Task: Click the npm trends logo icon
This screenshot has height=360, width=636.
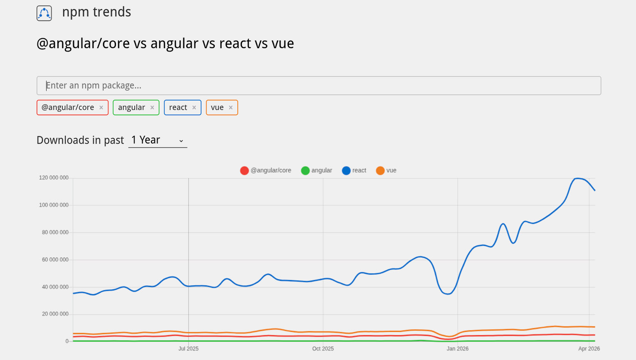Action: click(x=44, y=13)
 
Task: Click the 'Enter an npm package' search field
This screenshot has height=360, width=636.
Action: click(x=318, y=86)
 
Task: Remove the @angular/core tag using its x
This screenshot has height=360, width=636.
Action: click(x=101, y=108)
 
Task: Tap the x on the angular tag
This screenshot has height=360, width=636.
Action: click(x=152, y=108)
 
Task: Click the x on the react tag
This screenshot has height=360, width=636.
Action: click(x=194, y=108)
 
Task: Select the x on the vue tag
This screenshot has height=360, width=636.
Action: click(x=231, y=108)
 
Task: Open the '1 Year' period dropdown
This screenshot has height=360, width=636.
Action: click(x=158, y=140)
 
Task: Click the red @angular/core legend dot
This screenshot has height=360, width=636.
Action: click(x=244, y=170)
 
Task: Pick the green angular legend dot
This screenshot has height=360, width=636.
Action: click(x=306, y=170)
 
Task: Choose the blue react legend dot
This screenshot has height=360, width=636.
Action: click(x=346, y=170)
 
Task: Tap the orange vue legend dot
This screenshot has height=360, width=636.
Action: click(x=380, y=170)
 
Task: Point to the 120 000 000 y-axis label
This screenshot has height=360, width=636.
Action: click(x=54, y=178)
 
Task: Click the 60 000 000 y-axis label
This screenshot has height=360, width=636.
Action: click(x=54, y=260)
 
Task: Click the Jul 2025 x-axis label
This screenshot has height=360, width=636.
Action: click(x=188, y=349)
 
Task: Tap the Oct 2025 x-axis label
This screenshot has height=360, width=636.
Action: click(x=323, y=349)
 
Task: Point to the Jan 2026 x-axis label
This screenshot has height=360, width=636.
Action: click(x=457, y=349)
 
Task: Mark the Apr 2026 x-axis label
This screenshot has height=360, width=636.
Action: click(x=589, y=349)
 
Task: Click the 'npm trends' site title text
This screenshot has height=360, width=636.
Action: click(x=96, y=12)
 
